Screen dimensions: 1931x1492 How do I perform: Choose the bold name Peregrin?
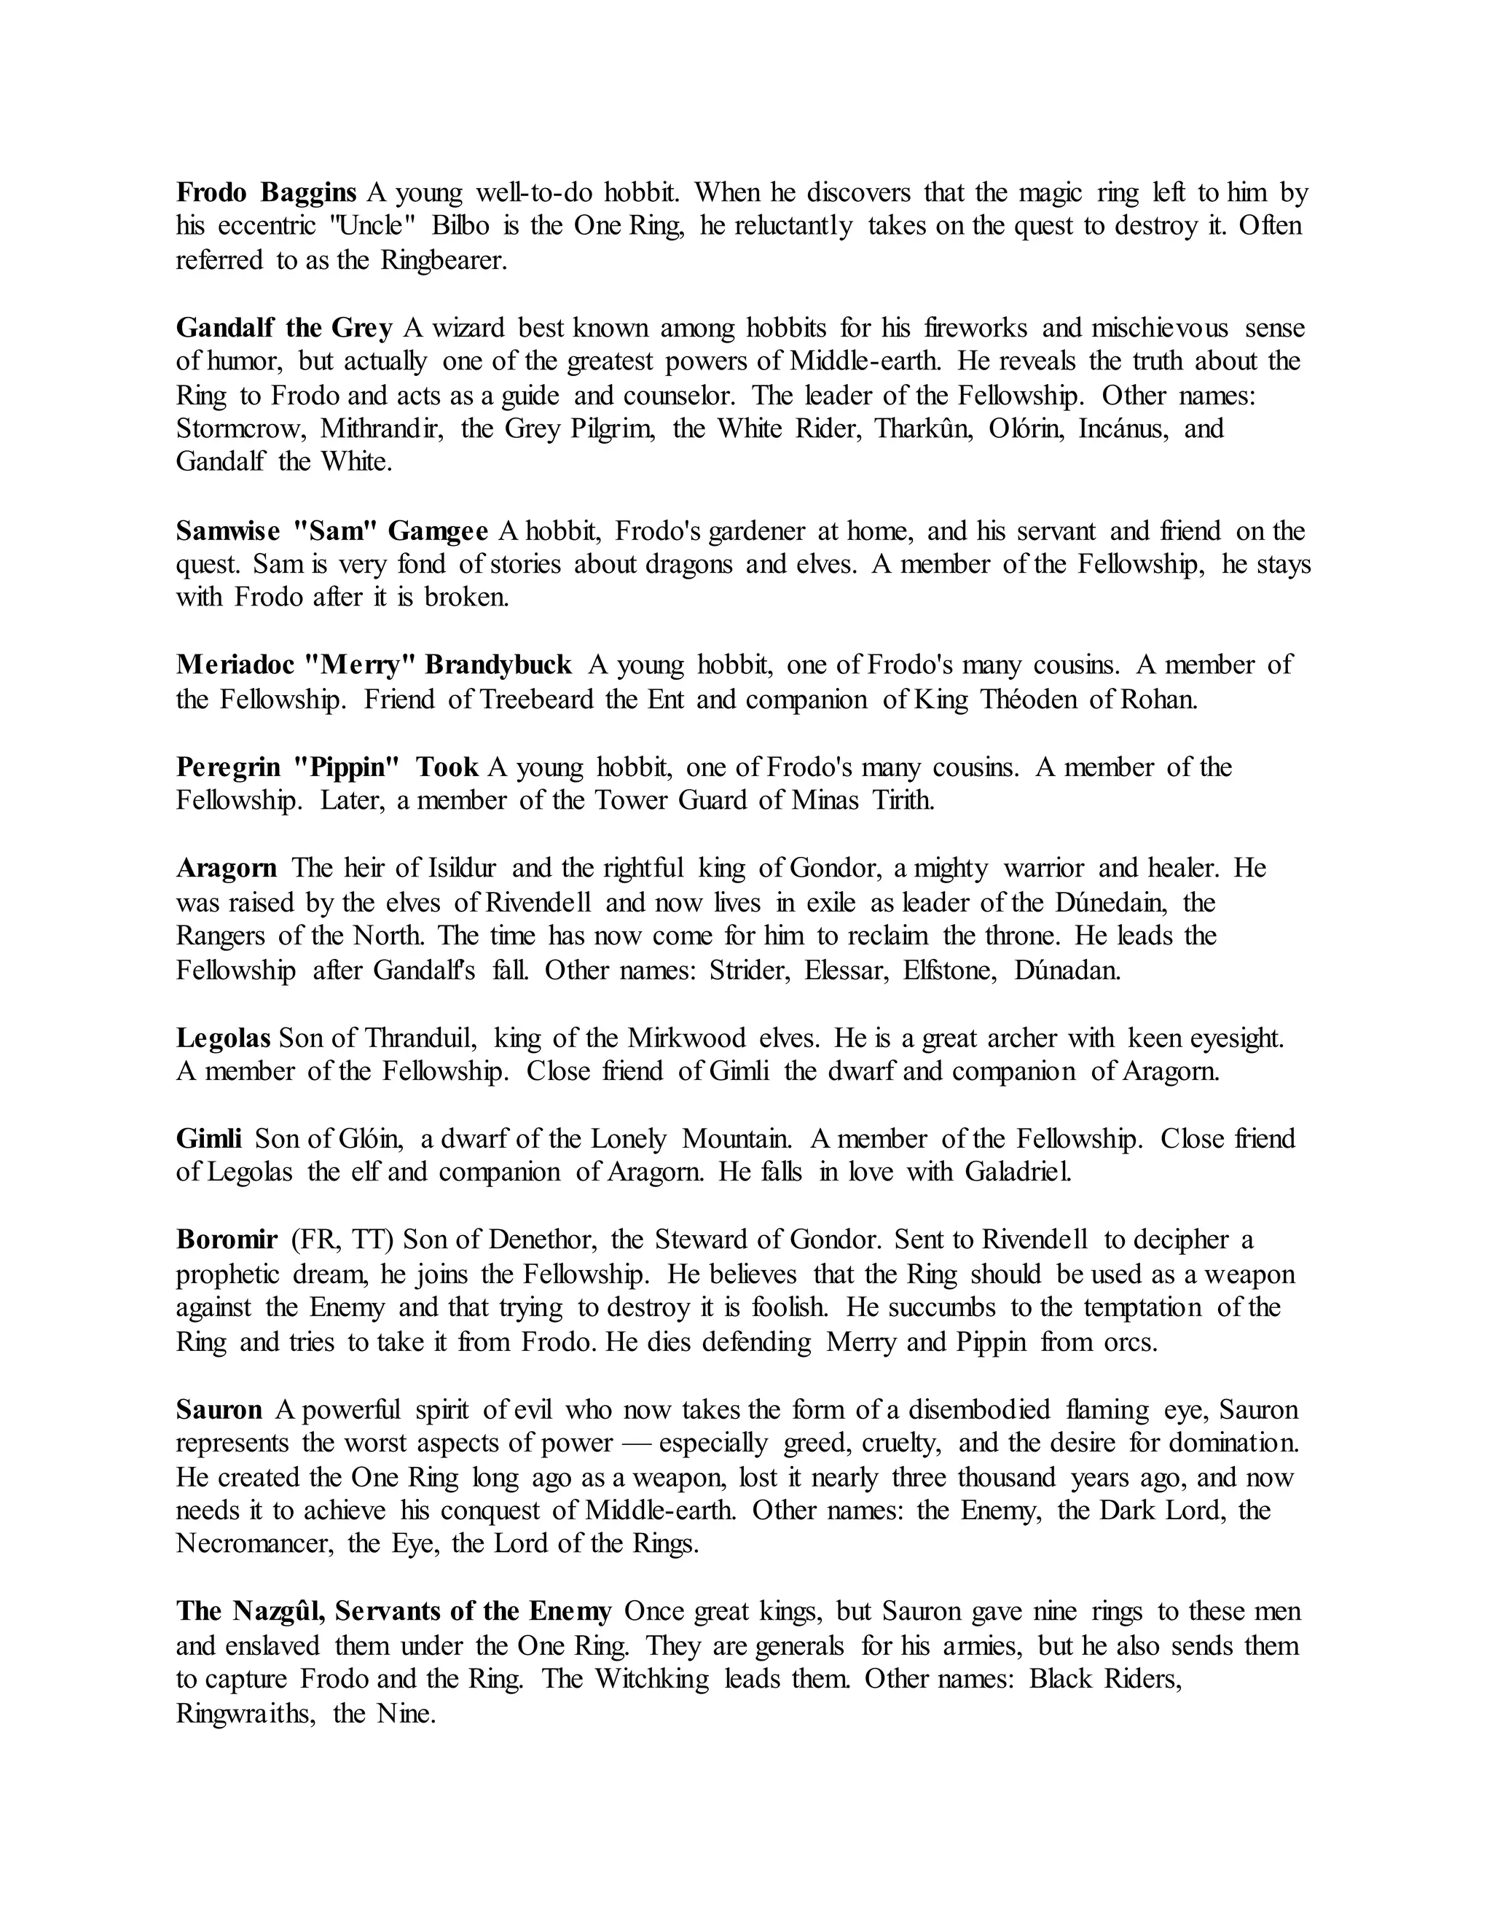click(x=228, y=767)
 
